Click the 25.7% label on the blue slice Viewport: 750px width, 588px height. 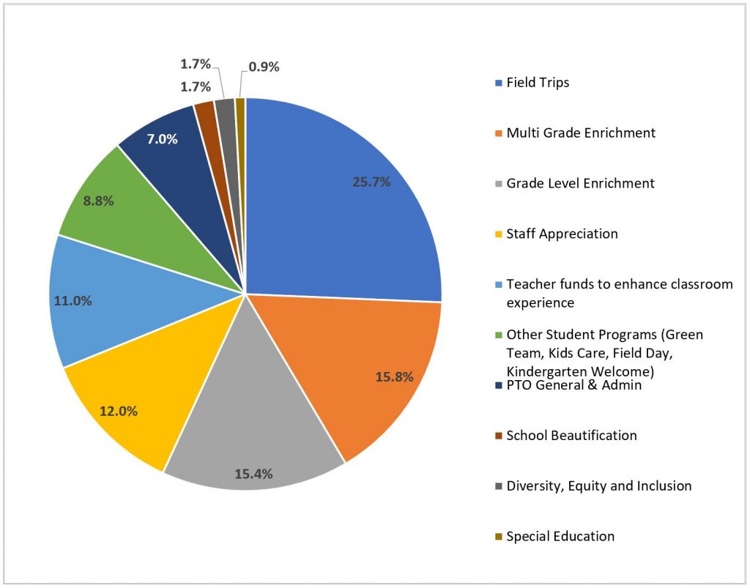point(371,182)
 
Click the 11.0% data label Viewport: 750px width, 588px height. point(72,300)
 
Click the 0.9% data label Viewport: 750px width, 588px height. point(264,67)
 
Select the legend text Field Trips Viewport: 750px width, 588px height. point(538,82)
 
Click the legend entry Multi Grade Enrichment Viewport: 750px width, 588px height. point(580,133)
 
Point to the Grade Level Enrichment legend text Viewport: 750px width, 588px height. point(580,183)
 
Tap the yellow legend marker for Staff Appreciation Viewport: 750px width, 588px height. point(499,234)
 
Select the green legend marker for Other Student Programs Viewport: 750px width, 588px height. point(499,335)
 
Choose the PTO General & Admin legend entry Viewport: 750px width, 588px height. point(573,384)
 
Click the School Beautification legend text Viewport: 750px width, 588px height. point(571,435)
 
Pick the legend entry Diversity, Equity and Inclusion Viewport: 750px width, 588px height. point(598,485)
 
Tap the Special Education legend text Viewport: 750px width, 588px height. point(560,536)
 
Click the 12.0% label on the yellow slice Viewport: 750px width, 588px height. point(119,411)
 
